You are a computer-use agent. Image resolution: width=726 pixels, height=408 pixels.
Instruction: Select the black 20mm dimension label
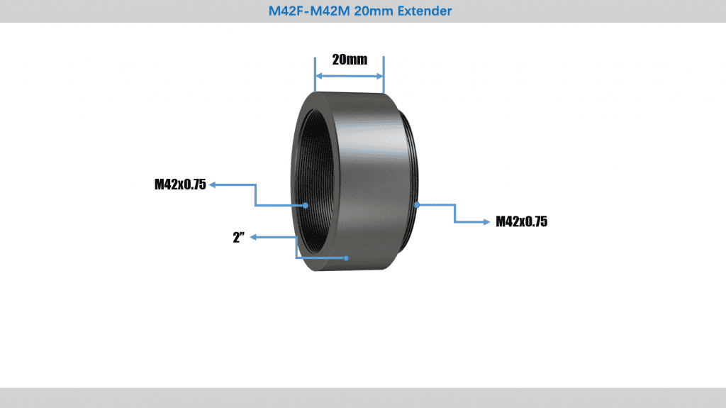(350, 60)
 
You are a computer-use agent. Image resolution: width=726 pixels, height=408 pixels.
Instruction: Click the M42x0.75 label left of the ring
(180, 185)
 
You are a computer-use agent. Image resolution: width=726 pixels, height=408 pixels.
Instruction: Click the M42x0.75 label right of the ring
(521, 222)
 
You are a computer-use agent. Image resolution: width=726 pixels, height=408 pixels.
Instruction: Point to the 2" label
(238, 238)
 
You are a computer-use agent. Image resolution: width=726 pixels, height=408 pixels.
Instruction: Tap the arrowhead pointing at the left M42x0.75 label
(213, 185)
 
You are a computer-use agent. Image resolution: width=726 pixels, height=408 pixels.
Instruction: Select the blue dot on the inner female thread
(305, 205)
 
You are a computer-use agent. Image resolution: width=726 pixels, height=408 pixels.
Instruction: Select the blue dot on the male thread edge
(417, 205)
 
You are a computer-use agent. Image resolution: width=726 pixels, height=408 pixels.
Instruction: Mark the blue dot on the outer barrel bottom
(347, 258)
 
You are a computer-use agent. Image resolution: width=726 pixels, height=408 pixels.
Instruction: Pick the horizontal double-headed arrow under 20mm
(350, 76)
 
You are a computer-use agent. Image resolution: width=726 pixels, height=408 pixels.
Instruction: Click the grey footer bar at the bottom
(363, 397)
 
